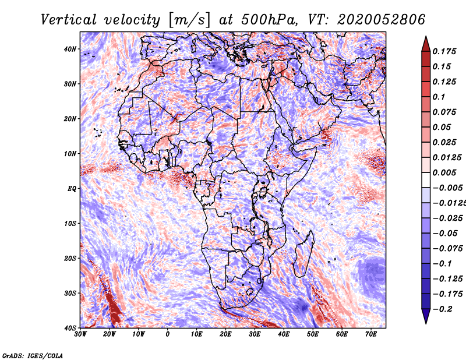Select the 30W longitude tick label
point(80,334)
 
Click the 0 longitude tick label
point(168,334)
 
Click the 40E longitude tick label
point(284,334)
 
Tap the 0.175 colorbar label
point(443,51)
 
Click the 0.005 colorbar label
point(443,172)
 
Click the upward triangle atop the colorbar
point(426,43)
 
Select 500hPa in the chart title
point(264,19)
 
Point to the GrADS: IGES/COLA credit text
point(33,355)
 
